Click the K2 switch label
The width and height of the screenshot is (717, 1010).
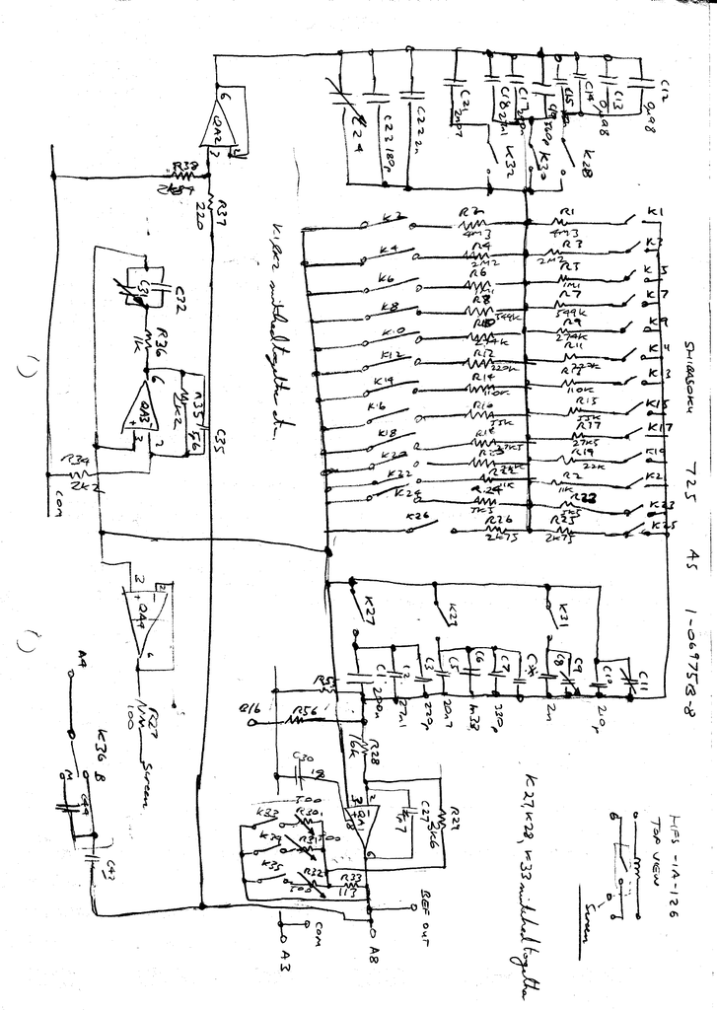392,216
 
